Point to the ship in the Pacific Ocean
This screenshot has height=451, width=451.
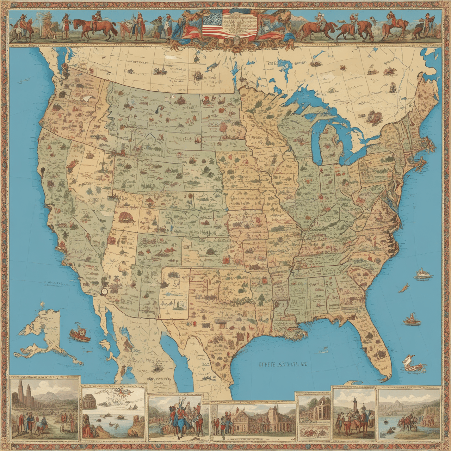point(80,333)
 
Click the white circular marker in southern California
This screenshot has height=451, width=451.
point(104,291)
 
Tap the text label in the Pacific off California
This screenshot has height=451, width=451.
point(52,283)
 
